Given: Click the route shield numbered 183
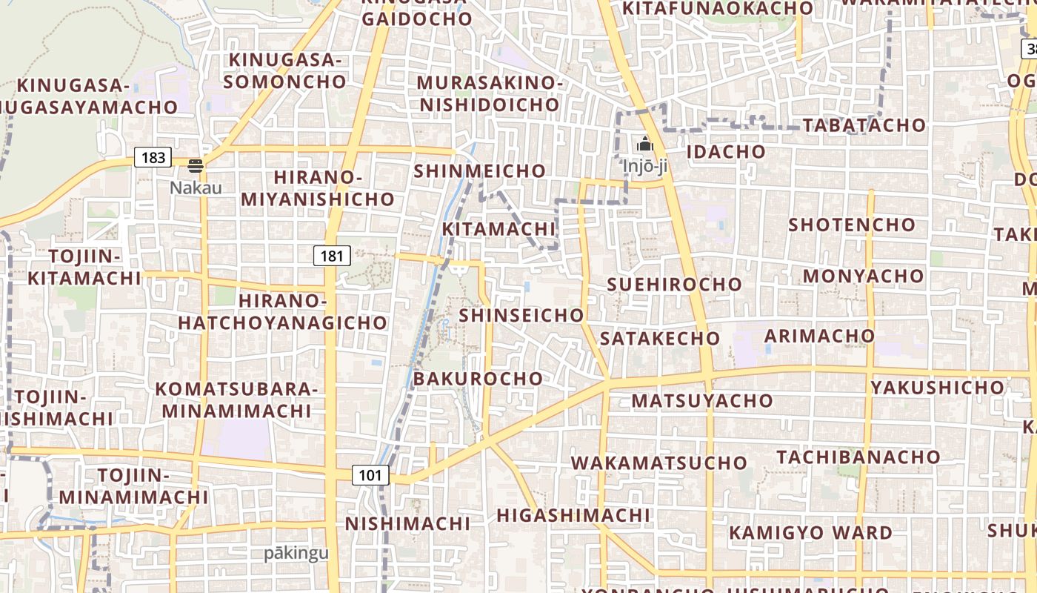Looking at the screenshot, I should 153,157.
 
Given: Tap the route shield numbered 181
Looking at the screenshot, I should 332,256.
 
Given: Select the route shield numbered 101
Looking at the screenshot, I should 370,475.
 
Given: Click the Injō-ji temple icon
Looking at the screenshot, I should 645,144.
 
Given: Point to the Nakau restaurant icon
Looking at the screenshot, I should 196,165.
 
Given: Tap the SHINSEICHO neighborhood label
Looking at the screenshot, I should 521,315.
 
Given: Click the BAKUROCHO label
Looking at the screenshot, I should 478,378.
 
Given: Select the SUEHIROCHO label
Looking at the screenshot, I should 674,284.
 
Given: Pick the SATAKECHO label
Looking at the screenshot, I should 659,338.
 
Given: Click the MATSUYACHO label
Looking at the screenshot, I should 701,400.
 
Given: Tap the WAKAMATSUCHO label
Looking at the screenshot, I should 658,463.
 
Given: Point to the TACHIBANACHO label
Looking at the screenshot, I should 858,456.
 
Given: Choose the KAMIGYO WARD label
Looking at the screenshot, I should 810,532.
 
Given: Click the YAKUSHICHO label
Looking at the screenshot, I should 937,387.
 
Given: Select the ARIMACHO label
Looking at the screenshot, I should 819,336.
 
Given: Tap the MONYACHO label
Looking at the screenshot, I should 864,276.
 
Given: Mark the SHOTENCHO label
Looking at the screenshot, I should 852,224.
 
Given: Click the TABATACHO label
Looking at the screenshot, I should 864,125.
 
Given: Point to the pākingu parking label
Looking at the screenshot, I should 296,553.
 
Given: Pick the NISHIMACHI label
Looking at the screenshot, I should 407,523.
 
